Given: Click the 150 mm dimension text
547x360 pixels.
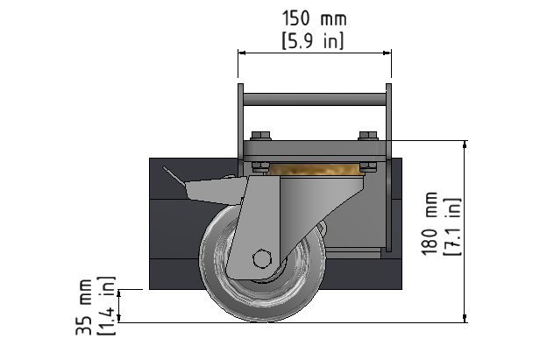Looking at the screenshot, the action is point(314,18).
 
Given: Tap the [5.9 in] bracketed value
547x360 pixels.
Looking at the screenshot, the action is point(313,41).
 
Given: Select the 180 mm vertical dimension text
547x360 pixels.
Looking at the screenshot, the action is point(430,223).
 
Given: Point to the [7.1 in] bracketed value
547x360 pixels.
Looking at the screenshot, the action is point(452,227).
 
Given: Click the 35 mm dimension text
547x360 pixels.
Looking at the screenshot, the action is point(84,307).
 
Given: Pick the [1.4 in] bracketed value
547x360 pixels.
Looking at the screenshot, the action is point(106,306).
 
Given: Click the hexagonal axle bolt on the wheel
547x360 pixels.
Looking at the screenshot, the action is point(261,259).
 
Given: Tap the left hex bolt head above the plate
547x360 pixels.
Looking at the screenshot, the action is point(260,136).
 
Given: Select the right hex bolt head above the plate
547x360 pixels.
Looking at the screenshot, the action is point(368,136).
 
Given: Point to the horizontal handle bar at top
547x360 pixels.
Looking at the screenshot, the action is point(315,99).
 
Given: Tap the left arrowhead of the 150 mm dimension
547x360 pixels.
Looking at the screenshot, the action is point(242,53).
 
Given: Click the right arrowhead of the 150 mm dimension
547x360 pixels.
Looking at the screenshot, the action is point(387,53).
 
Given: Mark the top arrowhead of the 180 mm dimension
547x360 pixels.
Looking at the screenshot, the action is point(465,145).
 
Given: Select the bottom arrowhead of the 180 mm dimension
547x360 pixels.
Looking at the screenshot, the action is point(465,318).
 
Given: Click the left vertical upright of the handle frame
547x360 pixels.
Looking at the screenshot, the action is point(241,129).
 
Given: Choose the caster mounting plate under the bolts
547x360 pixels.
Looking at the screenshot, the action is point(315,151).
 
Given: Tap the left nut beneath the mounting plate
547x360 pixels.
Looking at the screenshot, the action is point(260,166).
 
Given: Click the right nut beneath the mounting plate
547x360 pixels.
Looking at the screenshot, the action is point(368,166).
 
